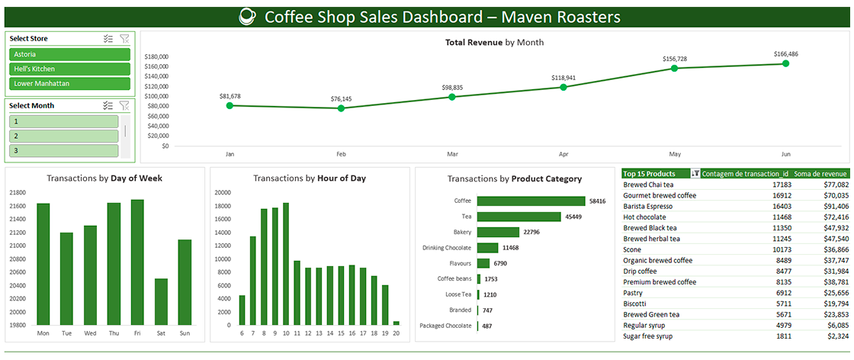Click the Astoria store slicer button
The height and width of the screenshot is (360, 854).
click(x=69, y=54)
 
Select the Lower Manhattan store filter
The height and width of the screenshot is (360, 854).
click(x=69, y=83)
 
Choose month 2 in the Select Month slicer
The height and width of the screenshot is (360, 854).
click(x=63, y=136)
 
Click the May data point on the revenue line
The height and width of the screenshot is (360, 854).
click(x=674, y=69)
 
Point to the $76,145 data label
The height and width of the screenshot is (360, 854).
click(x=341, y=99)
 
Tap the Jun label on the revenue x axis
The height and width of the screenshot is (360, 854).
click(x=785, y=153)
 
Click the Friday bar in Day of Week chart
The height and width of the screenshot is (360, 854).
click(x=137, y=262)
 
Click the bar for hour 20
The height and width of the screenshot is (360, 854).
click(x=396, y=323)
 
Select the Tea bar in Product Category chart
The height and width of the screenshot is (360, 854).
click(x=518, y=217)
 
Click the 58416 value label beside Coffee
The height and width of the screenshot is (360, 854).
click(x=597, y=201)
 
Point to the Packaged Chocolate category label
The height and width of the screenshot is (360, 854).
click(x=445, y=326)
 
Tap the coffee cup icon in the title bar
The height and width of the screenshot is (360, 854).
click(x=248, y=16)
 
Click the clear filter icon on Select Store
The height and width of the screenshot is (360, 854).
click(x=124, y=39)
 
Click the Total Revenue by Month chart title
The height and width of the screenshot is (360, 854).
click(x=494, y=43)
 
